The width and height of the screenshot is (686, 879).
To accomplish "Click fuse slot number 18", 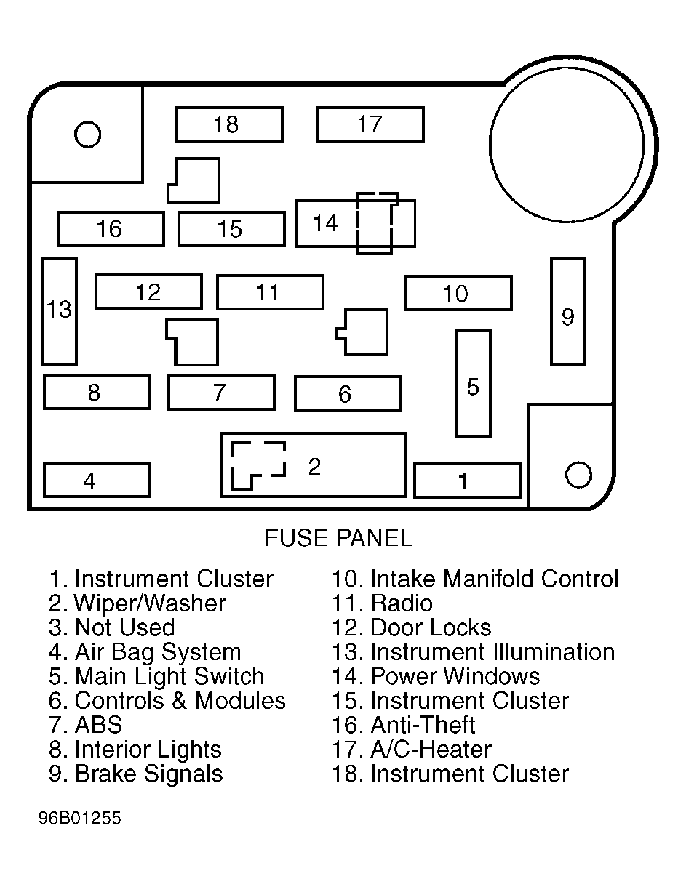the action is [x=229, y=124].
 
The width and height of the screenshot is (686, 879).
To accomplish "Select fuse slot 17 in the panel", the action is [x=370, y=124].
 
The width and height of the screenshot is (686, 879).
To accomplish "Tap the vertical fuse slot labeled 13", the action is [x=60, y=311].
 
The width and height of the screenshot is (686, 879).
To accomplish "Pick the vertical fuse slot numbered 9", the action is [x=568, y=311].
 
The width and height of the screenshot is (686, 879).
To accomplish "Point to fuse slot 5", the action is [x=474, y=383].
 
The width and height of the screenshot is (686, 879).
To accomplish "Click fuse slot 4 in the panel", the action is [x=97, y=480].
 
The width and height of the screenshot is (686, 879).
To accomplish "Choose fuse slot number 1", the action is [x=467, y=481].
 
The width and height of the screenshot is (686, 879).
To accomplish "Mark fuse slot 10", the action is [x=458, y=293].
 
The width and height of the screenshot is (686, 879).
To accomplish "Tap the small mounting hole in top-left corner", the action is [x=87, y=135].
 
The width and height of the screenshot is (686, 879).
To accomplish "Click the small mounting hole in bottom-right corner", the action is [x=578, y=475].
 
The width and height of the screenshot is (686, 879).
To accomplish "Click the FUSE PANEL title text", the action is [x=338, y=537].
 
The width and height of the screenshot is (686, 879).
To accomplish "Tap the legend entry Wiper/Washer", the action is [x=137, y=603].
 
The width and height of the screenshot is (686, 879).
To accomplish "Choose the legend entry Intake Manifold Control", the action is [x=475, y=579].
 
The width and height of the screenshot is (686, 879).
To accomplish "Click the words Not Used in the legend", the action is [x=124, y=627].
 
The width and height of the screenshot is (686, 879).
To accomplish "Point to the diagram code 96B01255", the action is [x=80, y=818].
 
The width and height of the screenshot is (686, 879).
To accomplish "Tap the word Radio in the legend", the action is [x=402, y=603].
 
